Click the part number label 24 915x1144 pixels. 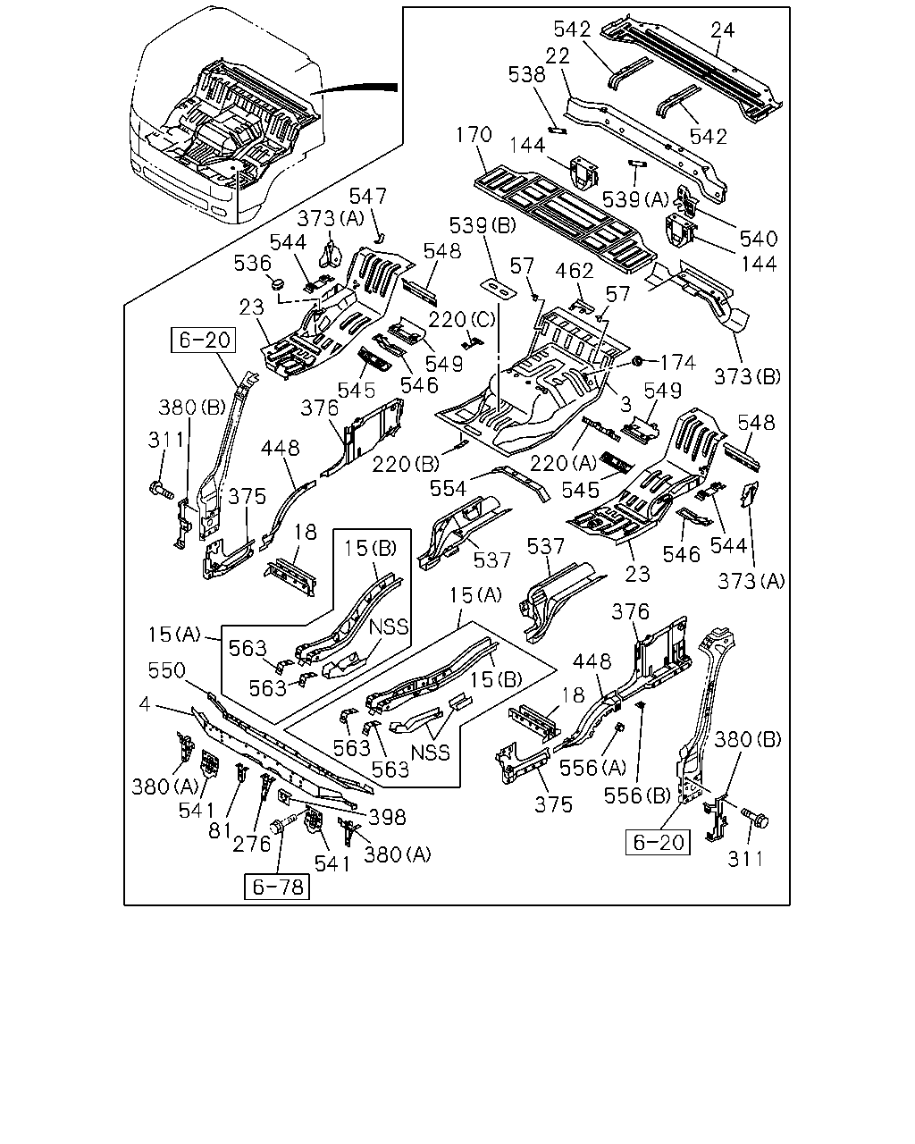(723, 29)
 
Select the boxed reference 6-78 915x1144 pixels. (276, 887)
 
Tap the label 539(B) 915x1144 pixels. (483, 225)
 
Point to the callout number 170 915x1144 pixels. (474, 134)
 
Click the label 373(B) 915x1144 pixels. (747, 376)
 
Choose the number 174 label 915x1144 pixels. (678, 363)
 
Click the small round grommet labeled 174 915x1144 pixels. (636, 362)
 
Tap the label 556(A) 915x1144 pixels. (592, 768)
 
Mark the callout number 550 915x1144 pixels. (167, 670)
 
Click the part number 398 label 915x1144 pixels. (388, 817)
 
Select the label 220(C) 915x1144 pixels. (462, 319)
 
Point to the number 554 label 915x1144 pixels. (448, 488)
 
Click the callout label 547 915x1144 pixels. (367, 196)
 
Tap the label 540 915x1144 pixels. (759, 239)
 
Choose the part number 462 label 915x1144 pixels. (575, 271)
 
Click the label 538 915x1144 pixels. (526, 74)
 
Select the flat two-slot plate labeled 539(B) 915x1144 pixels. (499, 289)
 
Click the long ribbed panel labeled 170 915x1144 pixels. (565, 220)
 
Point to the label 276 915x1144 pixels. (251, 844)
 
